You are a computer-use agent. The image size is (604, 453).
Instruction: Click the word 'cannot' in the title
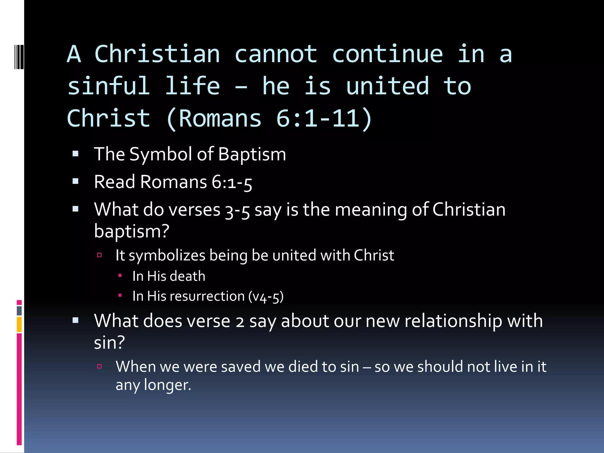276,54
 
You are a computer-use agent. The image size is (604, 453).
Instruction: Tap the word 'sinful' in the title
109,86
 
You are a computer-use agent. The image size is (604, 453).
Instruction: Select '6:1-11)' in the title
324,119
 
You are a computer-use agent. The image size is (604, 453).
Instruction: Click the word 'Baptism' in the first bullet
252,154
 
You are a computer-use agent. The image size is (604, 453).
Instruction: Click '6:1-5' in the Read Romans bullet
232,182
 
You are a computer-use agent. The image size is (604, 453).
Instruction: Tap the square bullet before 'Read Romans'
75,181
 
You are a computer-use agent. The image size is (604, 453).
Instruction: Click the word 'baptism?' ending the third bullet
132,231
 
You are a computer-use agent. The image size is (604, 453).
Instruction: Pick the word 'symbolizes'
167,255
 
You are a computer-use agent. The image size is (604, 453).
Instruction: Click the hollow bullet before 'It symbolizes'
99,255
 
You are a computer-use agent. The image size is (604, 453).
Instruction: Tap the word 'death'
188,276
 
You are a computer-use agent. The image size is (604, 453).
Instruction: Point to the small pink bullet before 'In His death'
120,276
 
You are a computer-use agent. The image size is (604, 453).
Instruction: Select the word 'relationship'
453,321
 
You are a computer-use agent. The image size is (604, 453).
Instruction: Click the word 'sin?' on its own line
109,343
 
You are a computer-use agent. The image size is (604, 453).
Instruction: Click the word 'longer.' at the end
168,385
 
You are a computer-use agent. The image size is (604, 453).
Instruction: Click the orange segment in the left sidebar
19,324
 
